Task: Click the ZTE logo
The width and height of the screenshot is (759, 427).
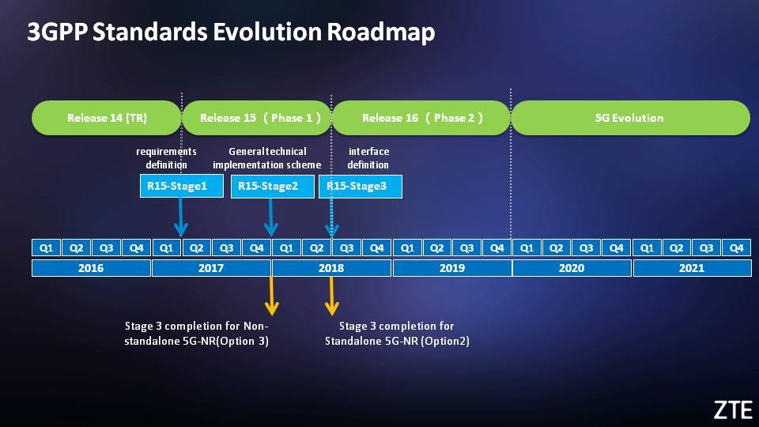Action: pyautogui.click(x=733, y=410)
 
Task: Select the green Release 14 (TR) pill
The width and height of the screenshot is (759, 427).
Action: pyautogui.click(x=107, y=118)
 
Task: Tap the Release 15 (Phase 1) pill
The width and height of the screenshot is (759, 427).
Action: pyautogui.click(x=257, y=118)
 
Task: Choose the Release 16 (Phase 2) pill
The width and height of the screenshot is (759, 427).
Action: pyautogui.click(x=421, y=118)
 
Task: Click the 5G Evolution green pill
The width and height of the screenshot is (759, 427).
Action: pyautogui.click(x=630, y=118)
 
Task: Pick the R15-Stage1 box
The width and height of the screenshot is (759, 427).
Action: pyautogui.click(x=182, y=186)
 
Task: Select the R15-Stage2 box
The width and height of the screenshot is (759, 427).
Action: pyautogui.click(x=273, y=186)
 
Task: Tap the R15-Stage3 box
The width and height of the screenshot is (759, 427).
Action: pyautogui.click(x=361, y=186)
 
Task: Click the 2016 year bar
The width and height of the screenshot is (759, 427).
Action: pyautogui.click(x=91, y=268)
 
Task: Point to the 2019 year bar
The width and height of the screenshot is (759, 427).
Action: pyautogui.click(x=452, y=268)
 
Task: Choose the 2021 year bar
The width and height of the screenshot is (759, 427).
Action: pyautogui.click(x=693, y=268)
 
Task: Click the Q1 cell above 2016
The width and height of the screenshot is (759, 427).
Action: pyautogui.click(x=46, y=248)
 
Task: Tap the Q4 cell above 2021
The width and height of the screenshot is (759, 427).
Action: pyautogui.click(x=736, y=248)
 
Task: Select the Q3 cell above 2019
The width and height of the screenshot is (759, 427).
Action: pyautogui.click(x=466, y=248)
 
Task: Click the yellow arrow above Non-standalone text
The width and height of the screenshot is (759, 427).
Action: pyautogui.click(x=271, y=296)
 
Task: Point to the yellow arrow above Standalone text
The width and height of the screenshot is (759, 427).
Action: pyautogui.click(x=331, y=296)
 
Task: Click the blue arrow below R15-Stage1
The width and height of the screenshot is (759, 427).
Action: pyautogui.click(x=180, y=217)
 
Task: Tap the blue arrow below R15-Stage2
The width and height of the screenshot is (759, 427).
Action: pyautogui.click(x=270, y=217)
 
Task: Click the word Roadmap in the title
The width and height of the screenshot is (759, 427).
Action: pyautogui.click(x=381, y=32)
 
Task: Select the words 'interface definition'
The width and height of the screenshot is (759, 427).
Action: pyautogui.click(x=368, y=158)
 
